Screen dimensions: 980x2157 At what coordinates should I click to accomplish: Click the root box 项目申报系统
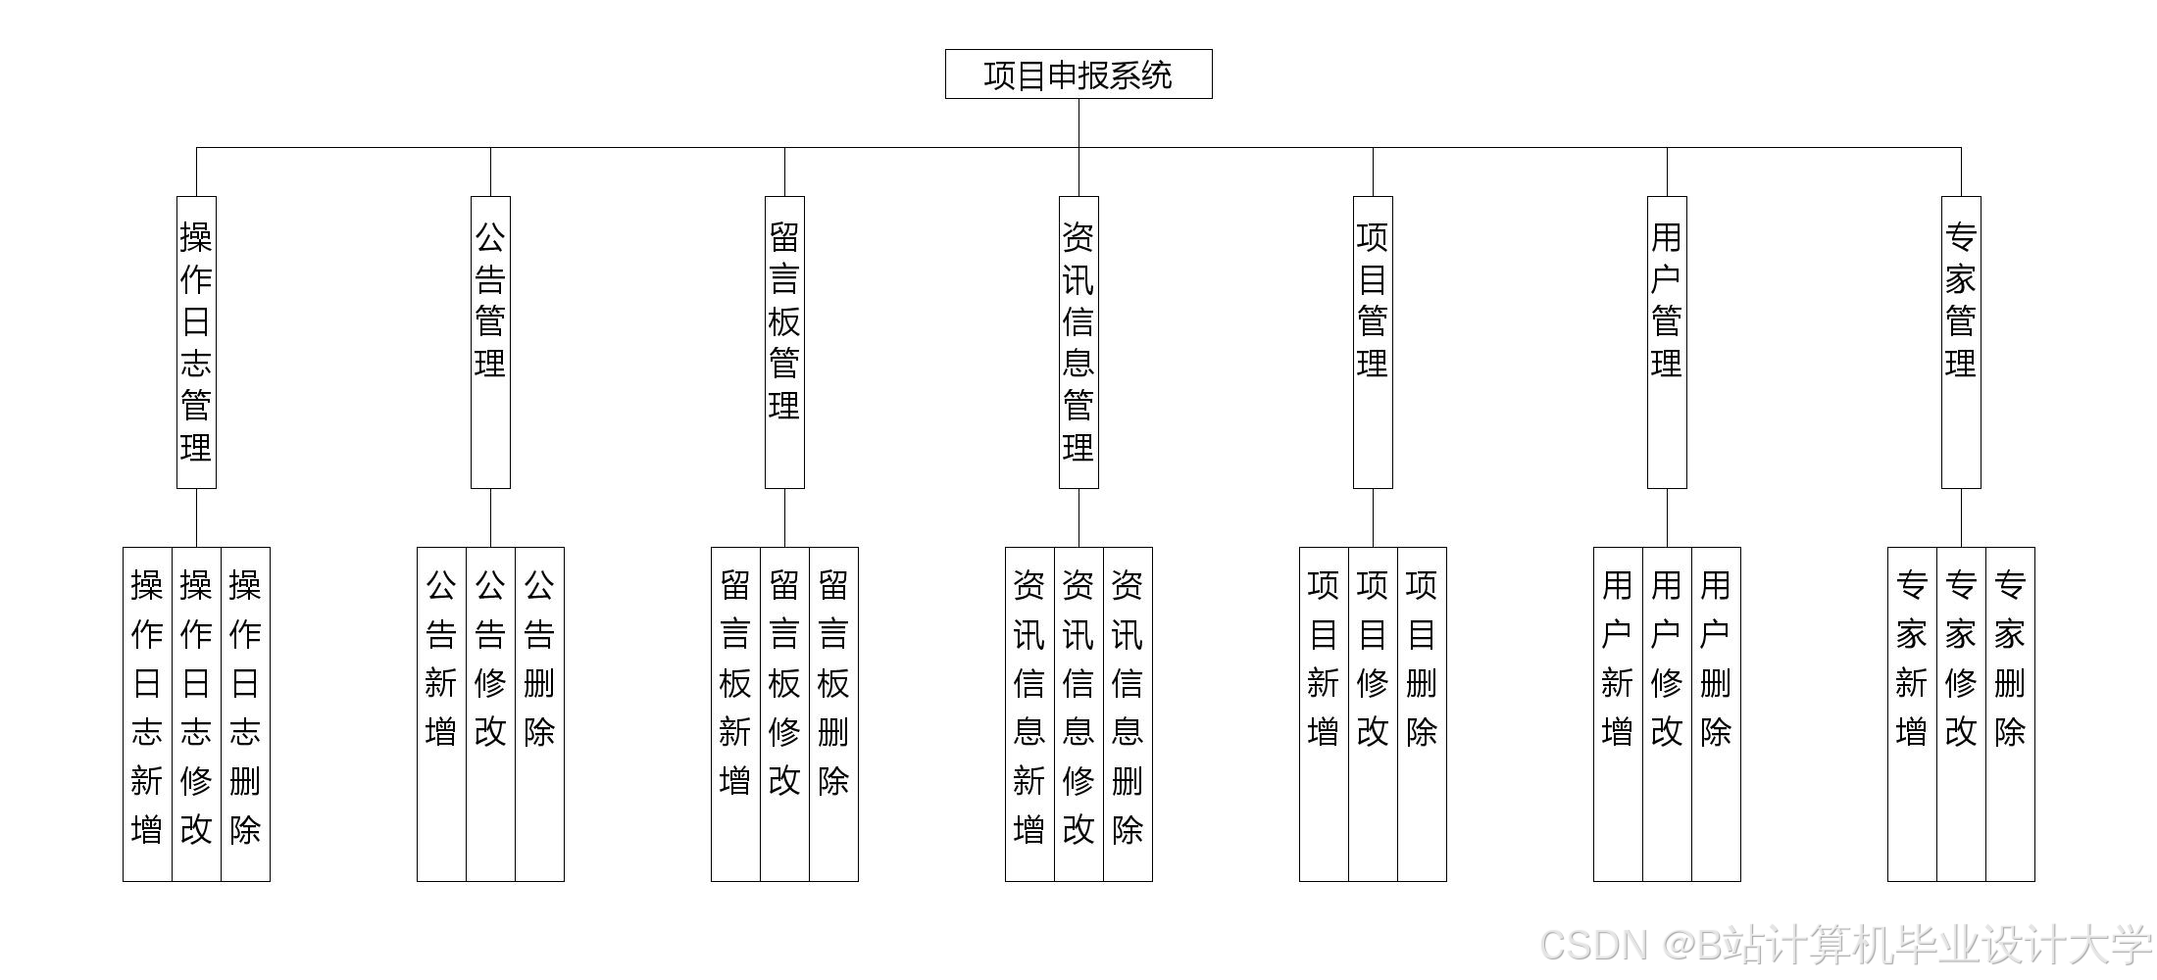1078,74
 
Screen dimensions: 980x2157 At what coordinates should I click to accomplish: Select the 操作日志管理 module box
196,342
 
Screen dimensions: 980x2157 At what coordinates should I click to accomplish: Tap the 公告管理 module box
490,342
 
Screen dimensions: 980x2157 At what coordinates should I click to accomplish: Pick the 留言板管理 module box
784,342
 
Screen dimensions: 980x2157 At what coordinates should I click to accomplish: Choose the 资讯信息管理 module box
1078,342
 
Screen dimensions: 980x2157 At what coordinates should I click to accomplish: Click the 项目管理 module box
1373,342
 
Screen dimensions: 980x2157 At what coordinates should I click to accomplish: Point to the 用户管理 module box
1667,342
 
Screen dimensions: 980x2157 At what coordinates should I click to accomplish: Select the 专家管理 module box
1961,342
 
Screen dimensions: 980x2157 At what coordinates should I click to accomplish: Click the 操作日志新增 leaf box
147,713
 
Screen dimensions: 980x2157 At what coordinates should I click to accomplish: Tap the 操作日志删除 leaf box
245,713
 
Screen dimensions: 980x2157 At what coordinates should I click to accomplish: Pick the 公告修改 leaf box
490,713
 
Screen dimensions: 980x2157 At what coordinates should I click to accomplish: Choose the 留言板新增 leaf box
735,713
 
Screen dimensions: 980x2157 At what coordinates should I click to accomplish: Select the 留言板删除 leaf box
833,713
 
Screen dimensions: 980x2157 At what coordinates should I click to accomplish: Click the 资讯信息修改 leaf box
1078,713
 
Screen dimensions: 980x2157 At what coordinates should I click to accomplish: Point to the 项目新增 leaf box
1324,713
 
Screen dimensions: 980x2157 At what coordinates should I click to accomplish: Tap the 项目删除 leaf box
1422,713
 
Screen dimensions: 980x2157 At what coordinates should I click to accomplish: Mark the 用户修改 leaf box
1667,713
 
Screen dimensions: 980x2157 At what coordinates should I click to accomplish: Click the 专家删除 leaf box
2010,713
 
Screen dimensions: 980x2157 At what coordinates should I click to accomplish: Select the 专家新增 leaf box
1912,713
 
